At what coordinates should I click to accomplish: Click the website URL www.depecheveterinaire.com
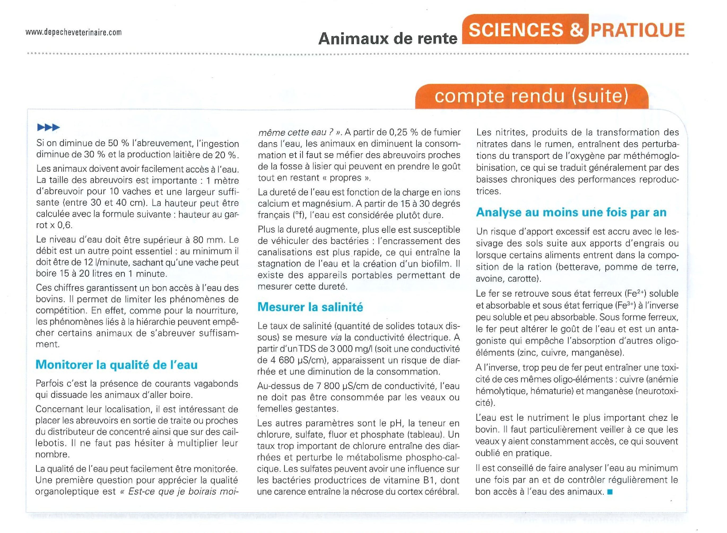[73, 32]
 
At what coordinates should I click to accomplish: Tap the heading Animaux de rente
[388, 39]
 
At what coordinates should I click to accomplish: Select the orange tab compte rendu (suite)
[531, 96]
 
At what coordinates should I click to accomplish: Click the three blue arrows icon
[48, 127]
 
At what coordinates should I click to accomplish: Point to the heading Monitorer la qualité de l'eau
[116, 365]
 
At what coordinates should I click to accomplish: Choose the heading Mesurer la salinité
[310, 307]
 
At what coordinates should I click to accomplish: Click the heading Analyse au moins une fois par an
[571, 212]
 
